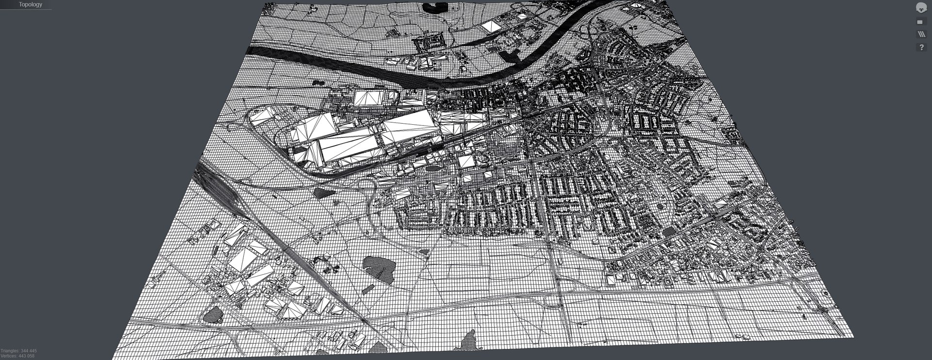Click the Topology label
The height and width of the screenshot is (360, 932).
pos(30,4)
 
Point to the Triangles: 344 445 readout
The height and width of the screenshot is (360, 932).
pos(19,350)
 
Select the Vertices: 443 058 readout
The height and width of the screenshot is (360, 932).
pos(17,356)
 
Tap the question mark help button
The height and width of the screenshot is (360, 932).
pos(921,47)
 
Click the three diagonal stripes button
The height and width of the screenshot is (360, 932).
pos(921,34)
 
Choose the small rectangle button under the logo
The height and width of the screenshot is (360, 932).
pos(920,22)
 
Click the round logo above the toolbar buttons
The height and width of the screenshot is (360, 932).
pos(921,7)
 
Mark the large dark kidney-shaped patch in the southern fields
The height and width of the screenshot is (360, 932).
pos(379,267)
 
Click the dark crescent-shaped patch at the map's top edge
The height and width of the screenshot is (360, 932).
pos(435,7)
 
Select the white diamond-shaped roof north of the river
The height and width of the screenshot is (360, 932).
pos(491,26)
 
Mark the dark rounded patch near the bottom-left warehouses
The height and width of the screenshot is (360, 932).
pos(213,315)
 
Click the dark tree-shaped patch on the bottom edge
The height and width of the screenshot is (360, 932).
pos(468,341)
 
